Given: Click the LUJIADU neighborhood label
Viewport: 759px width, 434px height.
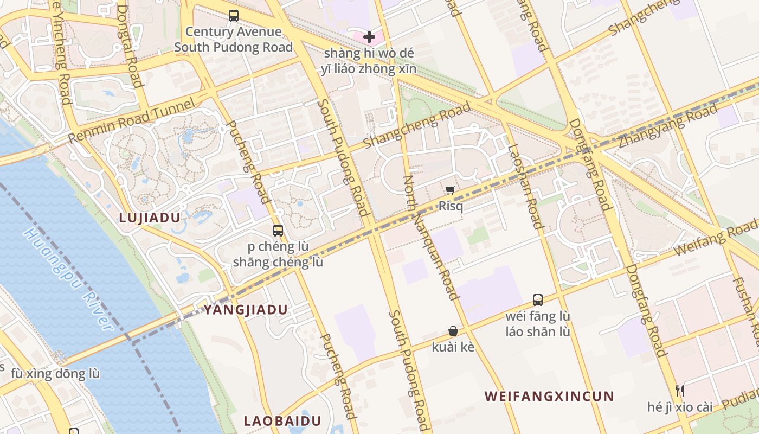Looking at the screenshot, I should point(149,218).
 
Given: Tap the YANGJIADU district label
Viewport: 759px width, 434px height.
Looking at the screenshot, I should point(245,310).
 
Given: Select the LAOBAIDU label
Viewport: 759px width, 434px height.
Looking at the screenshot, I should point(282,420).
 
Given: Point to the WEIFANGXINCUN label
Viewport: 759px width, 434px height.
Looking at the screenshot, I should point(549,396).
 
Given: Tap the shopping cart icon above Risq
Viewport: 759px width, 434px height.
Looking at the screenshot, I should point(450,190).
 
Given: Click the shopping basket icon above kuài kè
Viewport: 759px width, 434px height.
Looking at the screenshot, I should point(453,331).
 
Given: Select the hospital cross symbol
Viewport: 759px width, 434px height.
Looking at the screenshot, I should point(369,37).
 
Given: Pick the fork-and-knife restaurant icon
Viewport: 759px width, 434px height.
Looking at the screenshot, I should point(679,391).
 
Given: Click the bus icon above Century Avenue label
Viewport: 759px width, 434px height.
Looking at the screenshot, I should point(233,16).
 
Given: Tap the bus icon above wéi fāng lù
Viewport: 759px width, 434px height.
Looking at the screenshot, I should point(537,299).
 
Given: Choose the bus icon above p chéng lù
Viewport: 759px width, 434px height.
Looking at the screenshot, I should point(278,230).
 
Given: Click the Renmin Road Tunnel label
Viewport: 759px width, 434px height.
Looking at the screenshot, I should point(132,121).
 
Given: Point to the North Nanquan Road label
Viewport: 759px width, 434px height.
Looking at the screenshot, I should point(431,238).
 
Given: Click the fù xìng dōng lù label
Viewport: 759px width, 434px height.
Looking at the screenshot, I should point(55,374).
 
